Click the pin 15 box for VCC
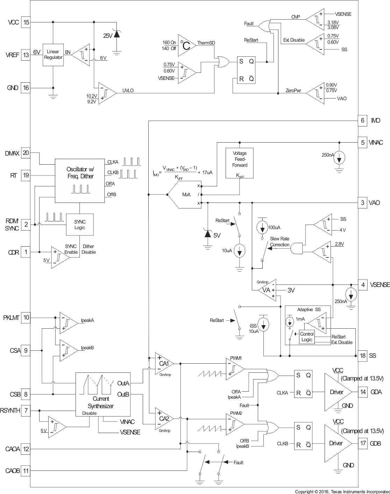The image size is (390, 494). tap(26, 22)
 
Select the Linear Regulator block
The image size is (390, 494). tap(53, 55)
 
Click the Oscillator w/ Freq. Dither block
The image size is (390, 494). tap(80, 181)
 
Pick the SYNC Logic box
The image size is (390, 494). tap(80, 225)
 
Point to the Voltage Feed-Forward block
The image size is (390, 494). tap(240, 163)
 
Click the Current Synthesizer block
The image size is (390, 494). tap(103, 394)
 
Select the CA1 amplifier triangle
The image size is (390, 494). tap(163, 364)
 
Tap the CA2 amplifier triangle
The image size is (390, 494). tap(163, 419)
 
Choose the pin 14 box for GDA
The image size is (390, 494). tap(363, 392)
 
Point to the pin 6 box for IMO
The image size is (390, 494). tap(362, 121)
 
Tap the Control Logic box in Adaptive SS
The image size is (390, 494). tap(307, 337)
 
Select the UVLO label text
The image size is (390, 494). tap(128, 90)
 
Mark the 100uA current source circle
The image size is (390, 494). tap(262, 227)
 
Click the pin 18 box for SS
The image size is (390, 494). tap(363, 356)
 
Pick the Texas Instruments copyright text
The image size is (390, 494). tap(342, 492)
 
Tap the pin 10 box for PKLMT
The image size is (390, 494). tap(26, 318)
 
